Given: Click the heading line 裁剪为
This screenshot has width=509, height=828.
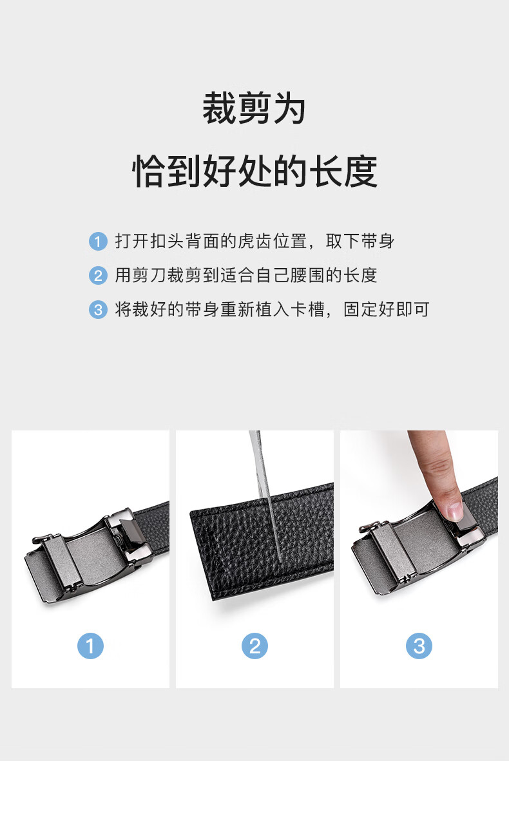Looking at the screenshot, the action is tap(254, 108).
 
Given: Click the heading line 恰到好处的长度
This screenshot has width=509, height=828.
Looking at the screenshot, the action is tap(254, 171).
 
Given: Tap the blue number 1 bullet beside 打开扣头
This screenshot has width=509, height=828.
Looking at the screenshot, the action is tap(98, 242).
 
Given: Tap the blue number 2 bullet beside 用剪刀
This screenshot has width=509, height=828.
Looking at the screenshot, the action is tap(98, 276).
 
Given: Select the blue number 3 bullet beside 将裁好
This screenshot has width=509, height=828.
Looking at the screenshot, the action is tap(98, 310).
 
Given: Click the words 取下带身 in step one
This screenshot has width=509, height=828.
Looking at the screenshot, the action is tap(360, 241).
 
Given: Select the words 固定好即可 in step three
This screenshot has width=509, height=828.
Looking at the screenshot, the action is tap(387, 309).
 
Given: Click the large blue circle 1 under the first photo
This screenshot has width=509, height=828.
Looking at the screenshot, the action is tap(90, 646).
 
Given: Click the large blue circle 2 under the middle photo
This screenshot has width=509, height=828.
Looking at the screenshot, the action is tap(254, 646).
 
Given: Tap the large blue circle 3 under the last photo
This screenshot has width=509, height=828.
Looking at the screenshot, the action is tap(419, 646).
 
